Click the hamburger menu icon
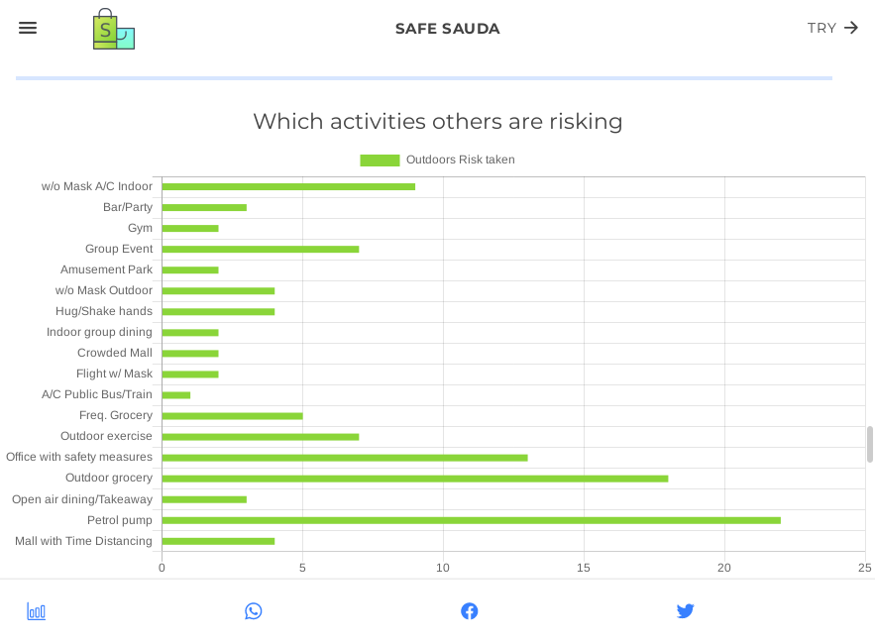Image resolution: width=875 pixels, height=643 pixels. [x=28, y=28]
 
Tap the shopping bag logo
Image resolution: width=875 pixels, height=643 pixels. [x=113, y=30]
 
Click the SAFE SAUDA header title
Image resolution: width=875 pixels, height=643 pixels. [x=447, y=29]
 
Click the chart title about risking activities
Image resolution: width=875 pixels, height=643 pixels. [x=437, y=121]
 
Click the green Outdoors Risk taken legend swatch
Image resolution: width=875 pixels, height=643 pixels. [x=380, y=160]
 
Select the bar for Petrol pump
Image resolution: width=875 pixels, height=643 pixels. [x=471, y=520]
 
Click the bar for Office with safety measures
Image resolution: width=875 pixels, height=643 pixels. [x=344, y=458]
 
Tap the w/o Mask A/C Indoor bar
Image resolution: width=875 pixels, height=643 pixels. [x=287, y=186]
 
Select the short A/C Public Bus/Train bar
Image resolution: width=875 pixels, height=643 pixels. [x=175, y=395]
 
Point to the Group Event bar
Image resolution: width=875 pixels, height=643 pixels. [x=260, y=249]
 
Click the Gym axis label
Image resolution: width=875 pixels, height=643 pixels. [x=140, y=228]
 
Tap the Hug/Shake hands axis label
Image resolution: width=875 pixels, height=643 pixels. [x=104, y=311]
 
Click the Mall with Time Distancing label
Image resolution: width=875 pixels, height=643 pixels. [x=83, y=541]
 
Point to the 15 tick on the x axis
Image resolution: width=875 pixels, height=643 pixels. [x=584, y=568]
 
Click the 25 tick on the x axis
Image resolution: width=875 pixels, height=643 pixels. [x=864, y=568]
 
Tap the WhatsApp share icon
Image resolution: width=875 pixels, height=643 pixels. [x=254, y=611]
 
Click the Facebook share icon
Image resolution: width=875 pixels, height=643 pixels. [x=470, y=611]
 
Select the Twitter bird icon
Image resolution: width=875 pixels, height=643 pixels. [x=685, y=611]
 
